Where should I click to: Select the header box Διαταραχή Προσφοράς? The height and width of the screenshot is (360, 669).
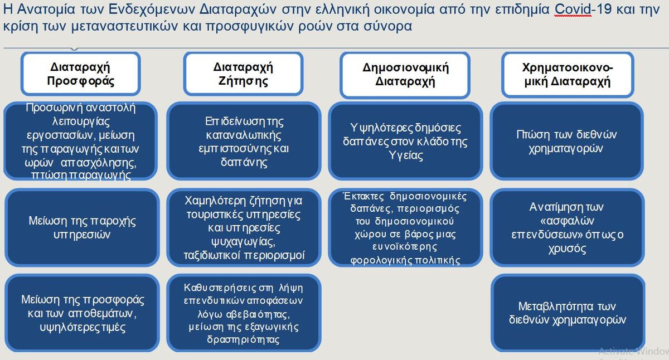pyautogui.click(x=81, y=74)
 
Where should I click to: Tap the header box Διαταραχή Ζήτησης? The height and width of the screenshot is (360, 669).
pyautogui.click(x=243, y=74)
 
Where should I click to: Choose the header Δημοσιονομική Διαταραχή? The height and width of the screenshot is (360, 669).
pyautogui.click(x=405, y=75)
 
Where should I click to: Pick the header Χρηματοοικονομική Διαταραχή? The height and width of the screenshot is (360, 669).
pyautogui.click(x=568, y=75)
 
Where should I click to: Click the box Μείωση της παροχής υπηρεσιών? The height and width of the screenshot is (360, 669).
pyautogui.click(x=82, y=227)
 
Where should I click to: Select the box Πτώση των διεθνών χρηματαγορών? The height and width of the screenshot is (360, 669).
pyautogui.click(x=566, y=141)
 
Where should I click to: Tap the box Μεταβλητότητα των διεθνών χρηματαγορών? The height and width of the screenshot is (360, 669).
pyautogui.click(x=568, y=313)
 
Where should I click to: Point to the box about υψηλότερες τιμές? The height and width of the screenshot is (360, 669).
pyautogui.click(x=82, y=313)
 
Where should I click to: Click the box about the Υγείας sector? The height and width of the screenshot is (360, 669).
pyautogui.click(x=405, y=141)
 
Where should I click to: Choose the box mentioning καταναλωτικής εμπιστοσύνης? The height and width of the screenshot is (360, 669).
pyautogui.click(x=244, y=141)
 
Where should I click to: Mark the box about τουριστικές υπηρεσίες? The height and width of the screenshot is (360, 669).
pyautogui.click(x=244, y=227)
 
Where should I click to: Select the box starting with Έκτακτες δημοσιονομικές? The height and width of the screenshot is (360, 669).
pyautogui.click(x=405, y=227)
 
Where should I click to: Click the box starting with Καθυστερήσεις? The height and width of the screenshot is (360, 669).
pyautogui.click(x=244, y=313)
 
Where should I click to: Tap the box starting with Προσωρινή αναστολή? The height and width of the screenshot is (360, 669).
pyautogui.click(x=81, y=141)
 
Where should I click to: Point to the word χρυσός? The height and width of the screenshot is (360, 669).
pyautogui.click(x=567, y=249)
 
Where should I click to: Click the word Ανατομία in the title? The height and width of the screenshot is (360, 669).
pyautogui.click(x=46, y=9)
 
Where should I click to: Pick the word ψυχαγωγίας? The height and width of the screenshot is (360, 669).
pyautogui.click(x=243, y=242)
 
